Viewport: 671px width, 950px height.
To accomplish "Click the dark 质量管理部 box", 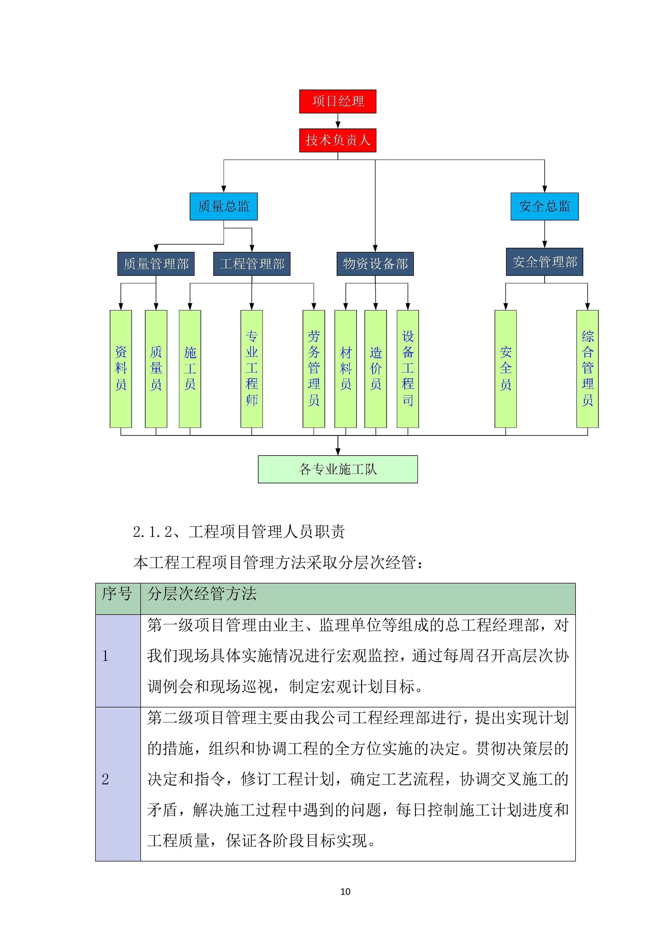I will pyautogui.click(x=156, y=264).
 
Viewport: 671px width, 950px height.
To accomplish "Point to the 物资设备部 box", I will pyautogui.click(x=375, y=264).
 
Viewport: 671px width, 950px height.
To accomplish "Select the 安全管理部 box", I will pyautogui.click(x=544, y=262).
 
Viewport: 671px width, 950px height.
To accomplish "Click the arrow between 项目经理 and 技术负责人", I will pyautogui.click(x=338, y=121).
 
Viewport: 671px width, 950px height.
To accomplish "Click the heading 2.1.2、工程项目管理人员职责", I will pyautogui.click(x=239, y=532).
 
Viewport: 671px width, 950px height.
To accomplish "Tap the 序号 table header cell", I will pyautogui.click(x=117, y=598).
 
